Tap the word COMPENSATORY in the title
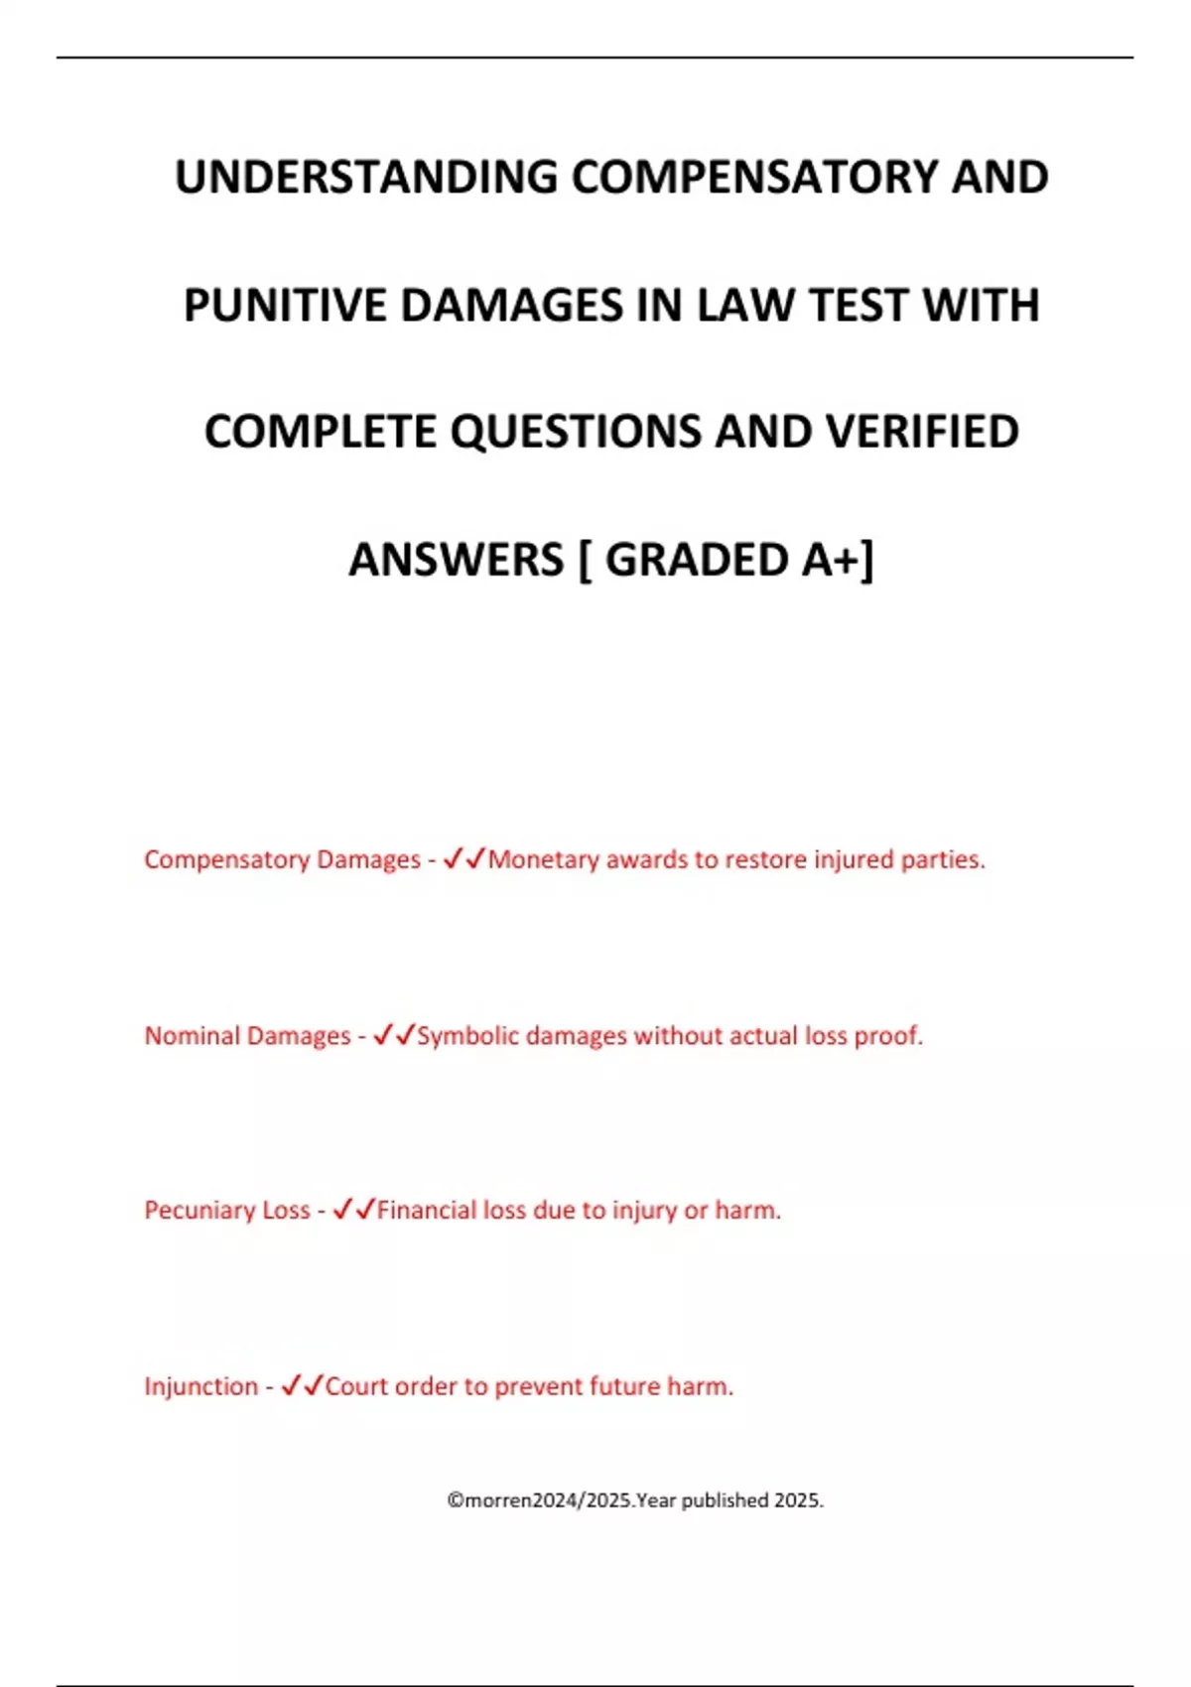[754, 178]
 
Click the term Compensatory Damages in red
[282, 859]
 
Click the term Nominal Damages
[247, 1036]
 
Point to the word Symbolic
[467, 1036]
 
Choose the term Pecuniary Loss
[226, 1211]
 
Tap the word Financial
[426, 1211]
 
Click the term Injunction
[200, 1386]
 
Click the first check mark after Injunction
[290, 1385]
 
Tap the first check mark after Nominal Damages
[382, 1035]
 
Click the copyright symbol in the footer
[455, 1500]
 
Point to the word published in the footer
[725, 1500]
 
